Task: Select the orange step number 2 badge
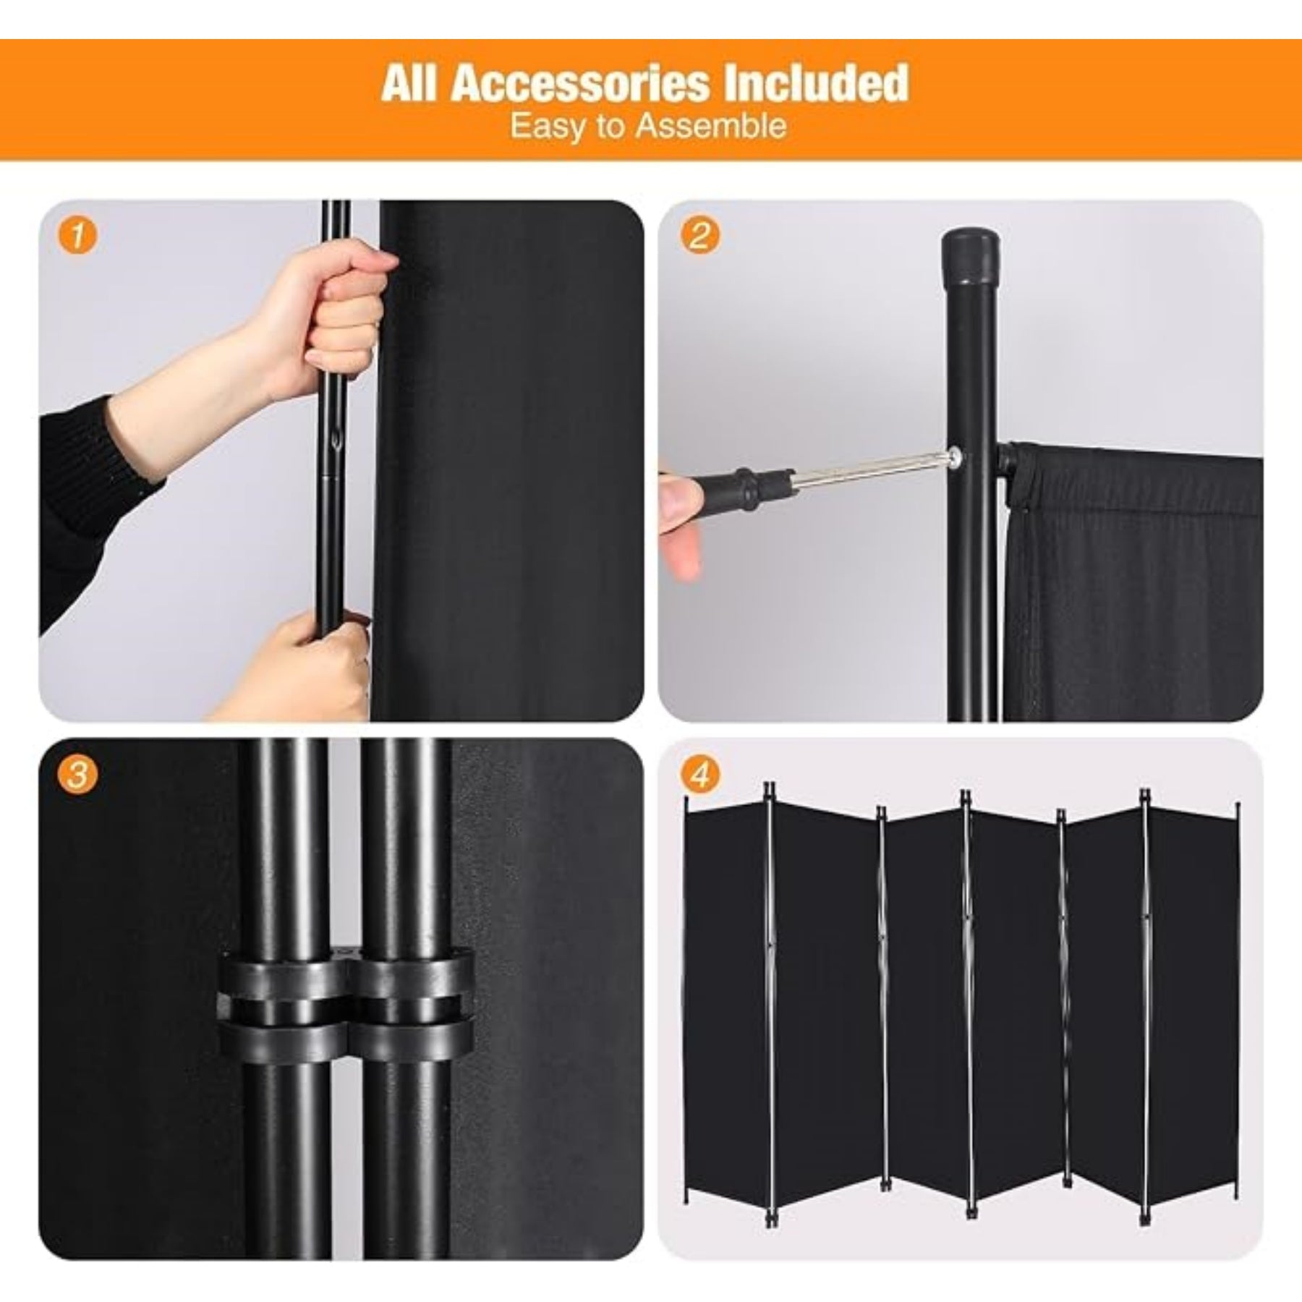point(698,236)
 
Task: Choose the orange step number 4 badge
point(698,775)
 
